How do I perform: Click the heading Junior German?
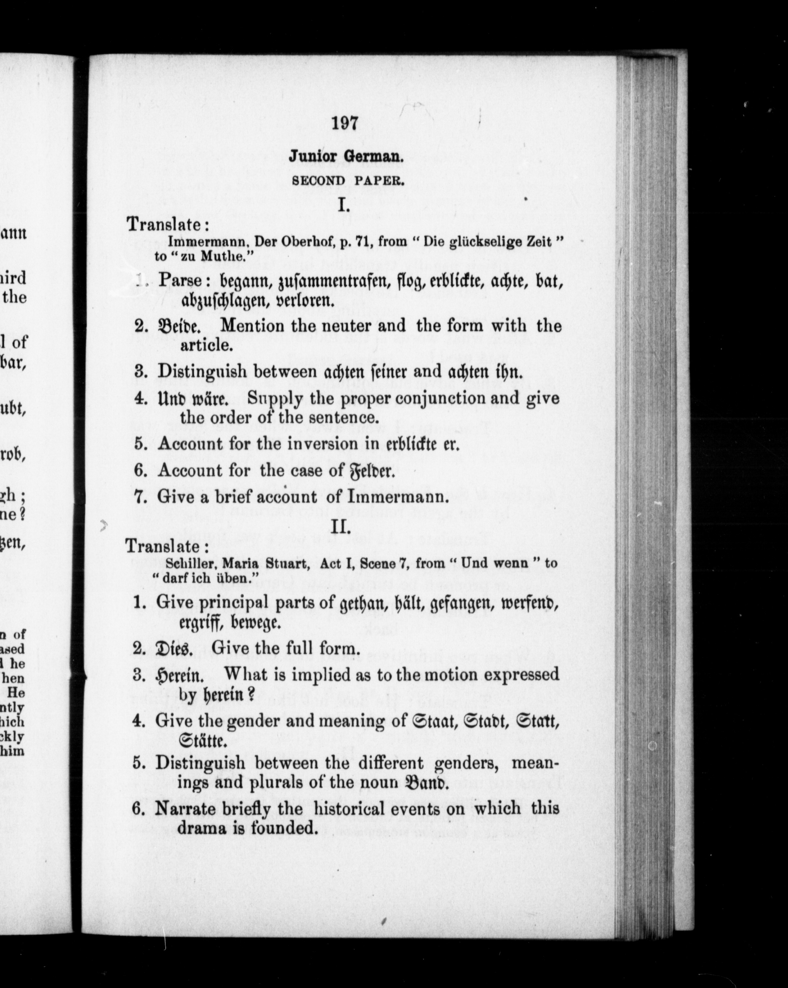346,157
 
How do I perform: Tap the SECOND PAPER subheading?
348,181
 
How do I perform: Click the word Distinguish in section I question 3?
202,371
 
